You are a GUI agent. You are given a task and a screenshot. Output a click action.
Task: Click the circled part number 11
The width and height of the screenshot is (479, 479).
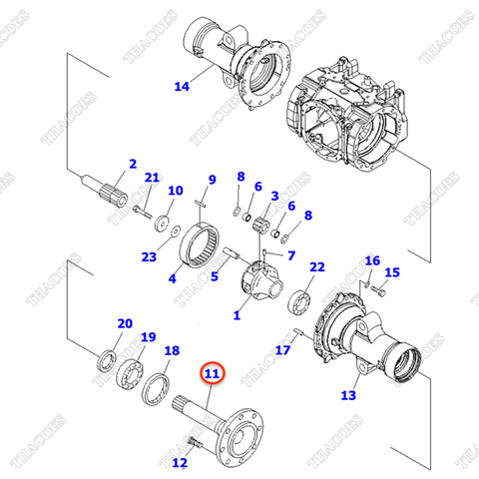click(212, 374)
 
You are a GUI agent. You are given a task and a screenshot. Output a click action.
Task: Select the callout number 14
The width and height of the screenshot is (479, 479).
click(181, 87)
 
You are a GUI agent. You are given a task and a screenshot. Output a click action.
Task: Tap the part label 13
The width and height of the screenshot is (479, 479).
click(347, 395)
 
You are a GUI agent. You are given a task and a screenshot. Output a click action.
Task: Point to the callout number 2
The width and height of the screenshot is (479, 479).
click(132, 163)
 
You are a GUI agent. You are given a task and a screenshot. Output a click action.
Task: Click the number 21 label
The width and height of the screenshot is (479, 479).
click(152, 178)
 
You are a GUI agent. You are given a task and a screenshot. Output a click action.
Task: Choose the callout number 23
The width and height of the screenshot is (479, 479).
click(149, 255)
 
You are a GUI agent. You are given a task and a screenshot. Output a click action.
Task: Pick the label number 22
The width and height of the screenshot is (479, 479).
click(317, 267)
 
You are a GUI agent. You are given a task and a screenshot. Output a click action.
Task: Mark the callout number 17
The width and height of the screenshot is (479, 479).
click(282, 350)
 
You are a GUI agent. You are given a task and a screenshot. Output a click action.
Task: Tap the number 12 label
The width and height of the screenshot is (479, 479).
click(180, 463)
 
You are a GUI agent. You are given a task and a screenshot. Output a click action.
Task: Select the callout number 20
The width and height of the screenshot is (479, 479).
click(125, 323)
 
